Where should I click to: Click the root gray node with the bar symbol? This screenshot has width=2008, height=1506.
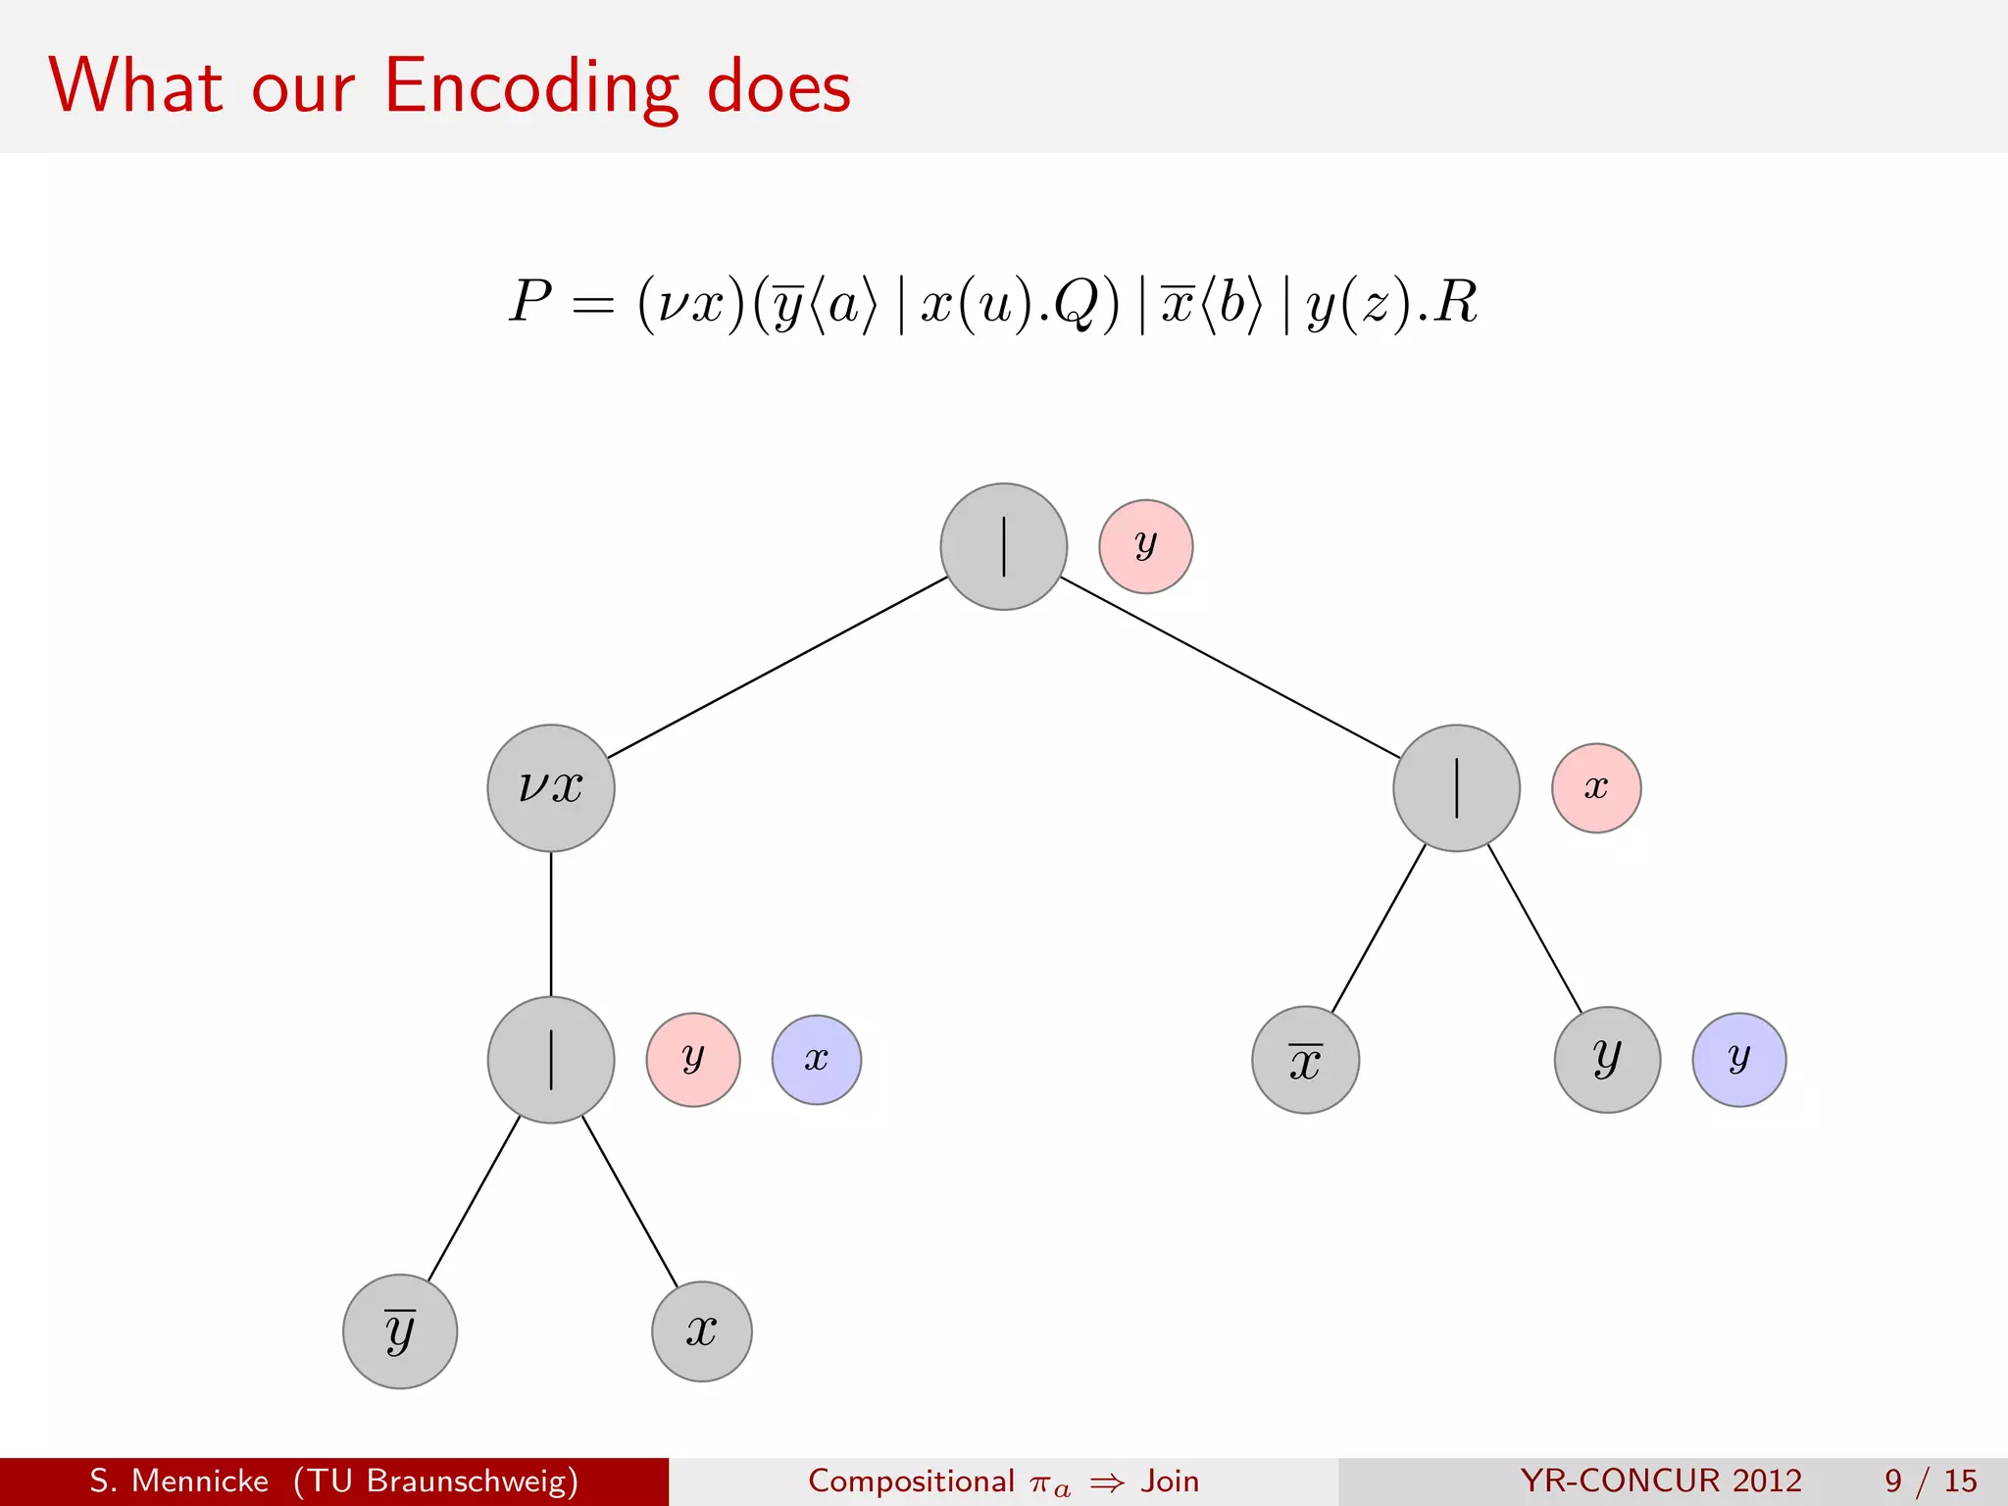pyautogui.click(x=1003, y=546)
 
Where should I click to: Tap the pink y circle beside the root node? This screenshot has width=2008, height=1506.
pyautogui.click(x=1145, y=546)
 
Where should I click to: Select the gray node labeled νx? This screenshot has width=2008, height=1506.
pyautogui.click(x=551, y=787)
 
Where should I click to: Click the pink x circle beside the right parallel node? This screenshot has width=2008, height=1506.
pyautogui.click(x=1596, y=787)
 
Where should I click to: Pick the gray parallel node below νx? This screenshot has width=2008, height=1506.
pyautogui.click(x=551, y=1059)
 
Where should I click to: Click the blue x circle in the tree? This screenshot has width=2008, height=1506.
pyautogui.click(x=816, y=1059)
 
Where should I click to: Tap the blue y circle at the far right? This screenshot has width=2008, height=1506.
pyautogui.click(x=1738, y=1059)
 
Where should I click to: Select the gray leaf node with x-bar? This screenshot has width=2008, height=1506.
pyautogui.click(x=1305, y=1059)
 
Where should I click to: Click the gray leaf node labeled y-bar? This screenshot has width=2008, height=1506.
pyautogui.click(x=400, y=1330)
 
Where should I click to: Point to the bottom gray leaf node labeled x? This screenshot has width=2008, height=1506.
pyautogui.click(x=701, y=1330)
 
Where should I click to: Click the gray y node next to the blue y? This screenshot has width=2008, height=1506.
pyautogui.click(x=1607, y=1059)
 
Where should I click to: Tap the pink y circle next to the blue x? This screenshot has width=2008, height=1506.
pyautogui.click(x=693, y=1059)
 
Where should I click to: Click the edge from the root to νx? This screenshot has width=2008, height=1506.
pyautogui.click(x=778, y=667)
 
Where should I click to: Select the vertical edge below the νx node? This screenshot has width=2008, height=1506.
pyautogui.click(x=551, y=924)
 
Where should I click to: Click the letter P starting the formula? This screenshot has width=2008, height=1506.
pyautogui.click(x=530, y=301)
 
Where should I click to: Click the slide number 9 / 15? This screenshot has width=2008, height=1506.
pyautogui.click(x=1930, y=1481)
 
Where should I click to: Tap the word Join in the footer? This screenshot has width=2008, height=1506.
pyautogui.click(x=1170, y=1481)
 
